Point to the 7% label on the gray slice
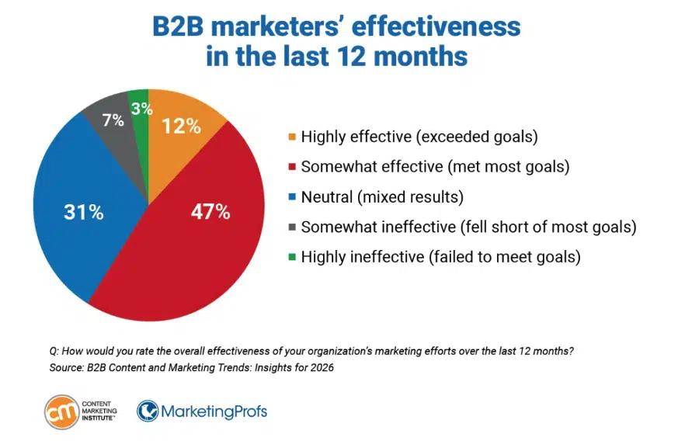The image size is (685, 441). point(113,120)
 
